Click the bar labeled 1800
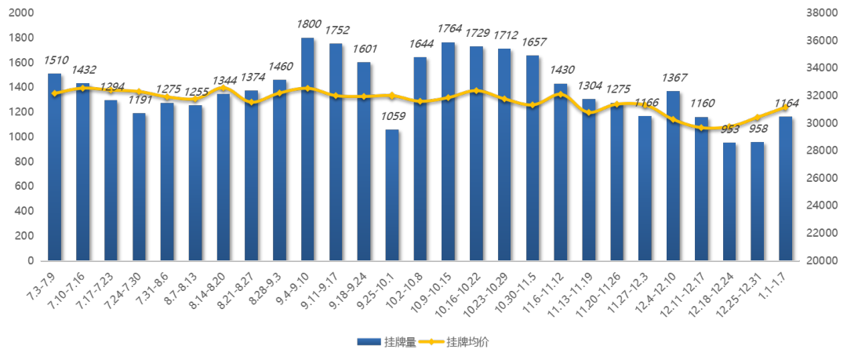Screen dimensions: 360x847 coord(307,149)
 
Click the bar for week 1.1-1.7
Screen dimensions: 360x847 coord(785,188)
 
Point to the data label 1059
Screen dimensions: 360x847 coord(392,118)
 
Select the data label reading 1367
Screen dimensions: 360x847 coord(674,78)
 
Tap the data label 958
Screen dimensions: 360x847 coord(758,129)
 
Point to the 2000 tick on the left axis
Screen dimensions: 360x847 coord(22,13)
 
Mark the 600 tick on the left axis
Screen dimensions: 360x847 coord(25,187)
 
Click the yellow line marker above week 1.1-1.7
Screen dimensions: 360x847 coord(785,107)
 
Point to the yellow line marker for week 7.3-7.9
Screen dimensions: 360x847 coord(54,93)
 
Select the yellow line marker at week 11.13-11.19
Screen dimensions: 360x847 coord(589,112)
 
